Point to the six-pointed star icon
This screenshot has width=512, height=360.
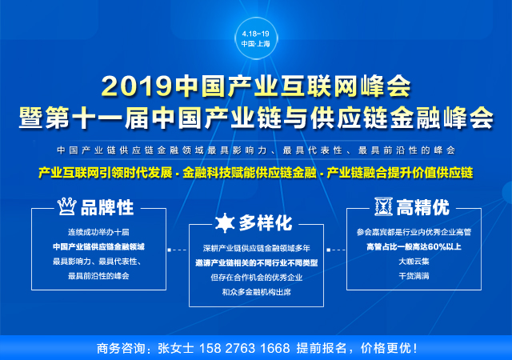pos(225,222)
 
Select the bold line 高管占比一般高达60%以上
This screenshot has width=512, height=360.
pos(415,246)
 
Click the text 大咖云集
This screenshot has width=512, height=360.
pos(415,261)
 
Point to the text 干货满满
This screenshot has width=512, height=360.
pos(415,276)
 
